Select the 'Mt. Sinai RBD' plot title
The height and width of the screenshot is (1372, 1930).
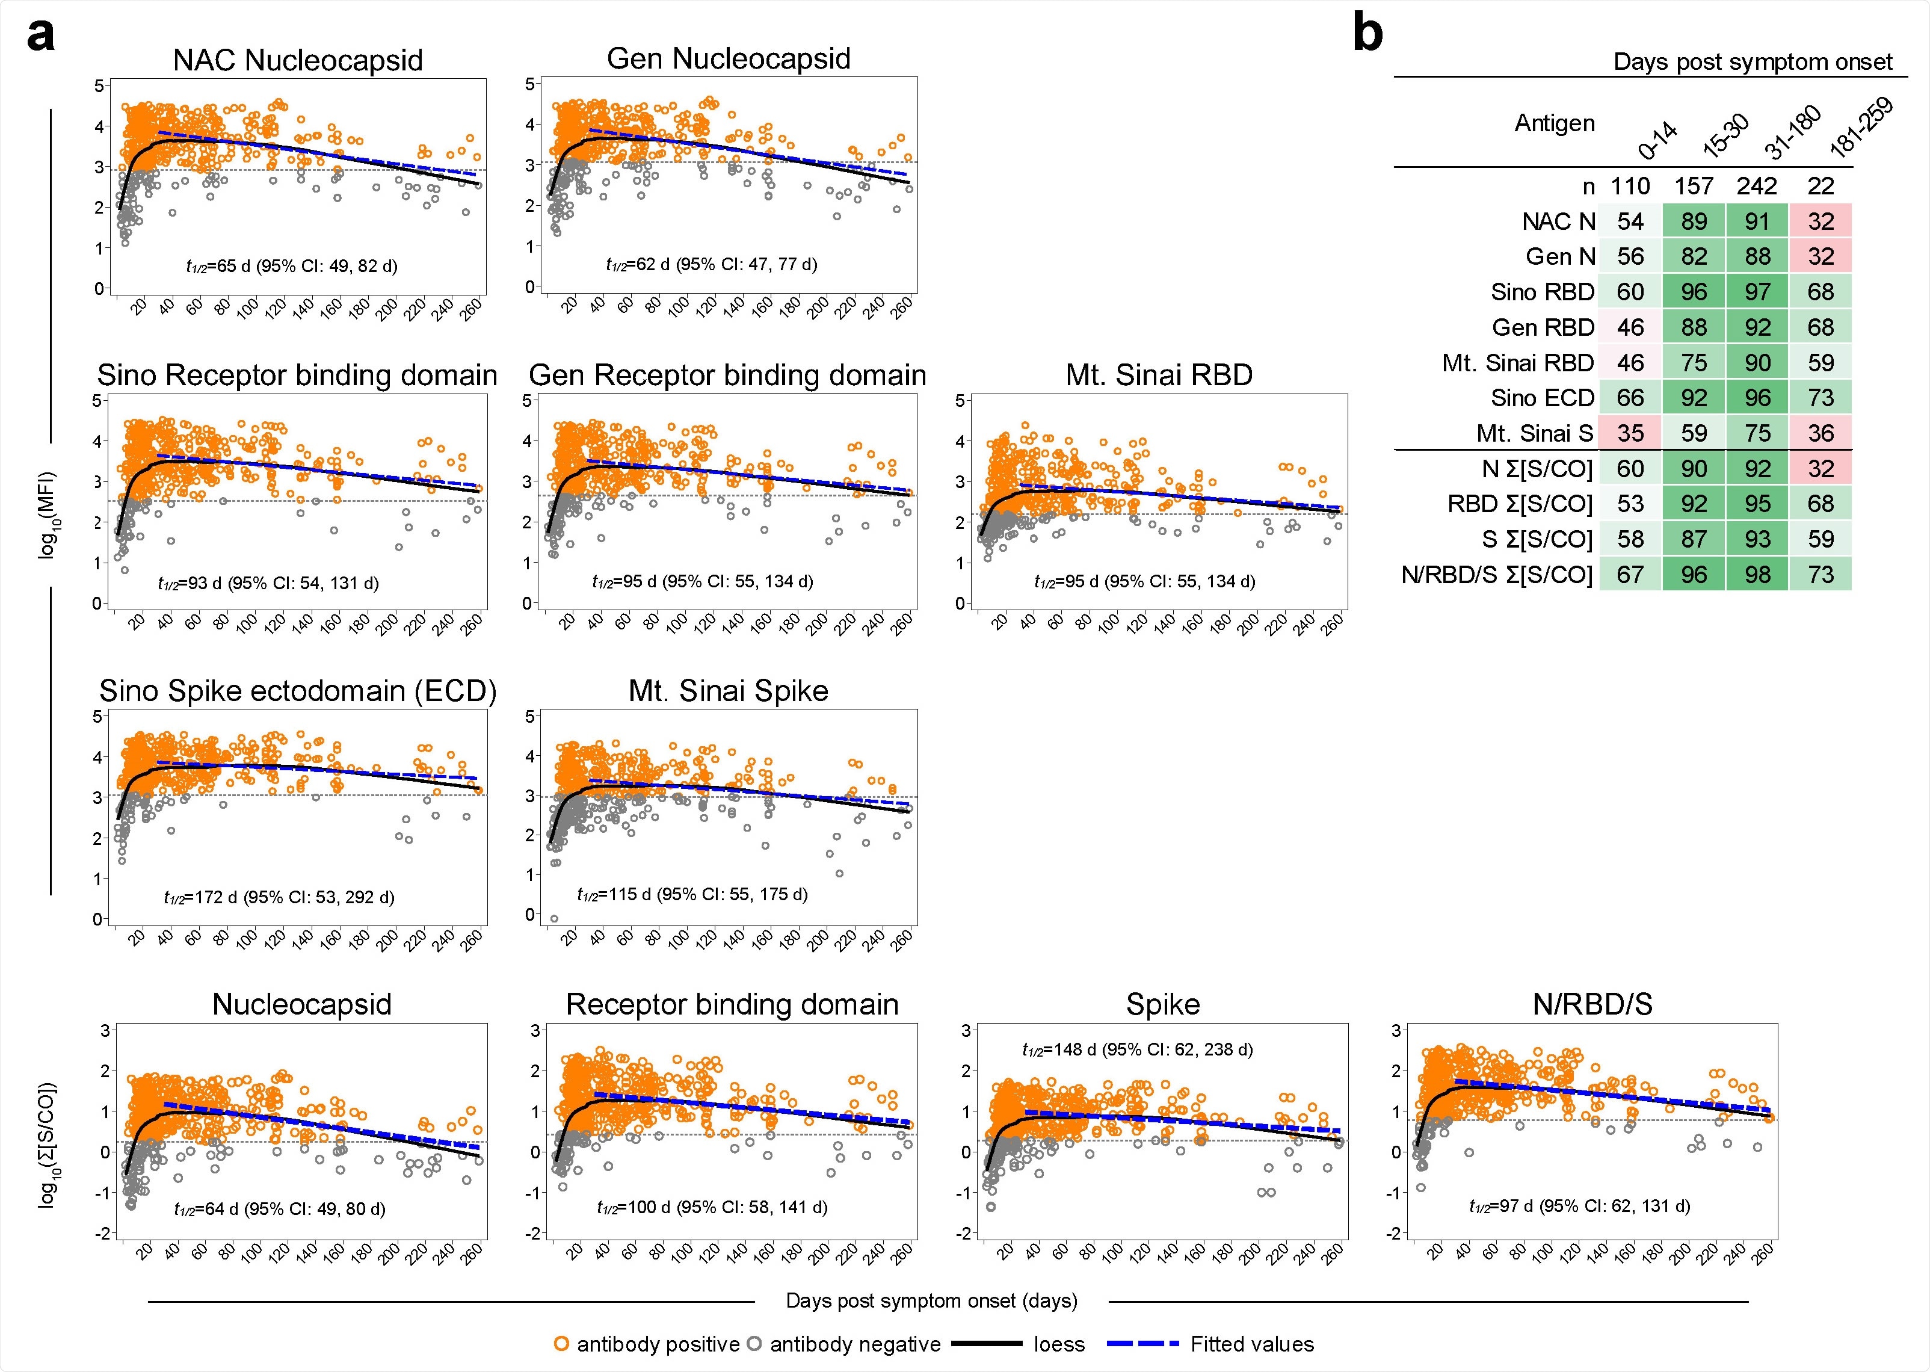[x=1159, y=375]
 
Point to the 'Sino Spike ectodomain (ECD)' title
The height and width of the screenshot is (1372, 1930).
[x=297, y=691]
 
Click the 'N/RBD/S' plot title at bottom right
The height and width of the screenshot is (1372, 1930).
[x=1591, y=1004]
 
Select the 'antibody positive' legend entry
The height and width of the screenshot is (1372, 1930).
[x=646, y=1344]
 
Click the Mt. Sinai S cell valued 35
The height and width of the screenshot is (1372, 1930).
[x=1630, y=433]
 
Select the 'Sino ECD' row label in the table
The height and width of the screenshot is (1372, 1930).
[x=1543, y=398]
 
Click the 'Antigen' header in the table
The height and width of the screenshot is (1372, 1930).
[x=1554, y=123]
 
